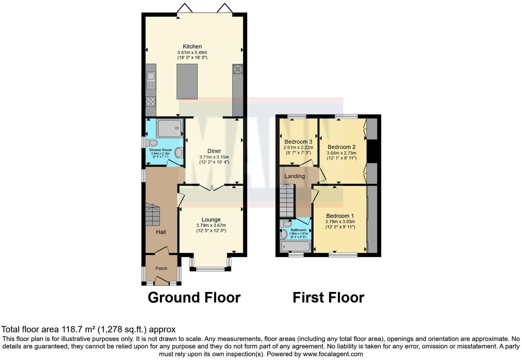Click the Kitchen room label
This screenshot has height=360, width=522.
click(x=192, y=46)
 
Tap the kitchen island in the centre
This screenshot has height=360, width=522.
click(x=187, y=82)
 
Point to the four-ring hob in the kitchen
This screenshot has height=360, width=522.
click(x=151, y=101)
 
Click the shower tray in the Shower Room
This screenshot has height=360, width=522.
click(x=169, y=128)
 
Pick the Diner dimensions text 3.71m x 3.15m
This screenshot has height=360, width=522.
click(x=214, y=157)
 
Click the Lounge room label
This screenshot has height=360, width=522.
click(x=211, y=220)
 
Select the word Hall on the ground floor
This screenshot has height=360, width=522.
click(x=161, y=232)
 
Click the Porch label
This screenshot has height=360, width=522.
click(x=161, y=268)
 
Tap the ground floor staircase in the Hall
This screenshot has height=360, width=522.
click(x=152, y=215)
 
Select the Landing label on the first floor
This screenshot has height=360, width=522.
click(x=294, y=176)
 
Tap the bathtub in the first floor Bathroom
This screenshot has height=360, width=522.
click(x=295, y=246)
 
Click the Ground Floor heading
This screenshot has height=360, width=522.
click(x=194, y=297)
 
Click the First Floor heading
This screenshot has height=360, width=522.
click(x=328, y=297)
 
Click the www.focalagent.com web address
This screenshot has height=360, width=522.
click(x=333, y=354)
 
